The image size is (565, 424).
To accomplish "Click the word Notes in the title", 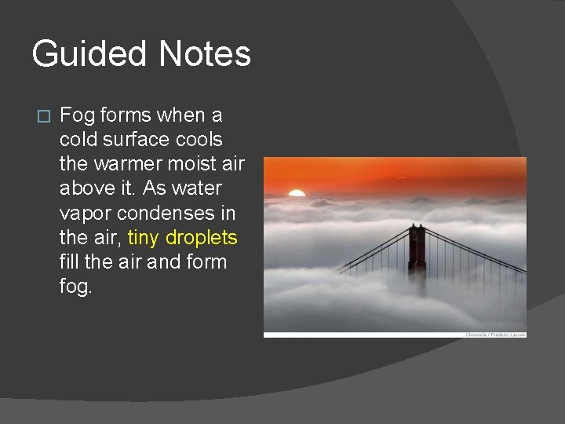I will (204, 55).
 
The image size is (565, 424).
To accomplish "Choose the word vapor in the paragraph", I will (84, 214).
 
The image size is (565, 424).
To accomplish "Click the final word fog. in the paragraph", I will (75, 287).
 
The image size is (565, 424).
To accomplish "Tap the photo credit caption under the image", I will (495, 335).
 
